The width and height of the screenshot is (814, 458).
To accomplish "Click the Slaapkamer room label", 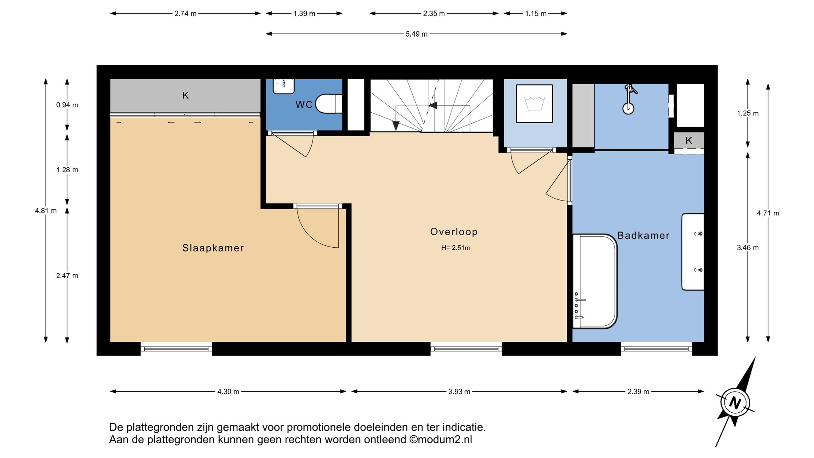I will point(213,248).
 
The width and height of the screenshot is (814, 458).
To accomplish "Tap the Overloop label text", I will point(454,231).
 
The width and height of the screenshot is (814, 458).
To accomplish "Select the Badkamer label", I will point(643,236).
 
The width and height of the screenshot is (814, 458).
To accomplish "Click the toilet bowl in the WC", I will point(327,104).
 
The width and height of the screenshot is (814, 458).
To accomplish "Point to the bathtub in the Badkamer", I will point(595,281).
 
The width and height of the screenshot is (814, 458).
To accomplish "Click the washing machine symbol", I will point(534,104).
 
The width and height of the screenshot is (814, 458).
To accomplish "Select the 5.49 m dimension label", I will point(416,34).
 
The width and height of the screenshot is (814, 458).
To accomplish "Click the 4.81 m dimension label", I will point(46,211).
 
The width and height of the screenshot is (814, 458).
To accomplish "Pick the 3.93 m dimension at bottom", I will point(459,392).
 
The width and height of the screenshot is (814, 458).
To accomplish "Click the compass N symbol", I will point(734,403).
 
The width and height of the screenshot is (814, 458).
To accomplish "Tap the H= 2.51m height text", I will point(456,248).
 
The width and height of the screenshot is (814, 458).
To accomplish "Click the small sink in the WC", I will point(283,86).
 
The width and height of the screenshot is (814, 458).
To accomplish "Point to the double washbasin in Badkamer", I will point(693,252).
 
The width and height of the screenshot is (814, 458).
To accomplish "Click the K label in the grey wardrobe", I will point(185,95).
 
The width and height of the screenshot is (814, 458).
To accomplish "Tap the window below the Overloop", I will point(466,349).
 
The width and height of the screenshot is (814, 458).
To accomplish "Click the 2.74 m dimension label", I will point(185,14).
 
